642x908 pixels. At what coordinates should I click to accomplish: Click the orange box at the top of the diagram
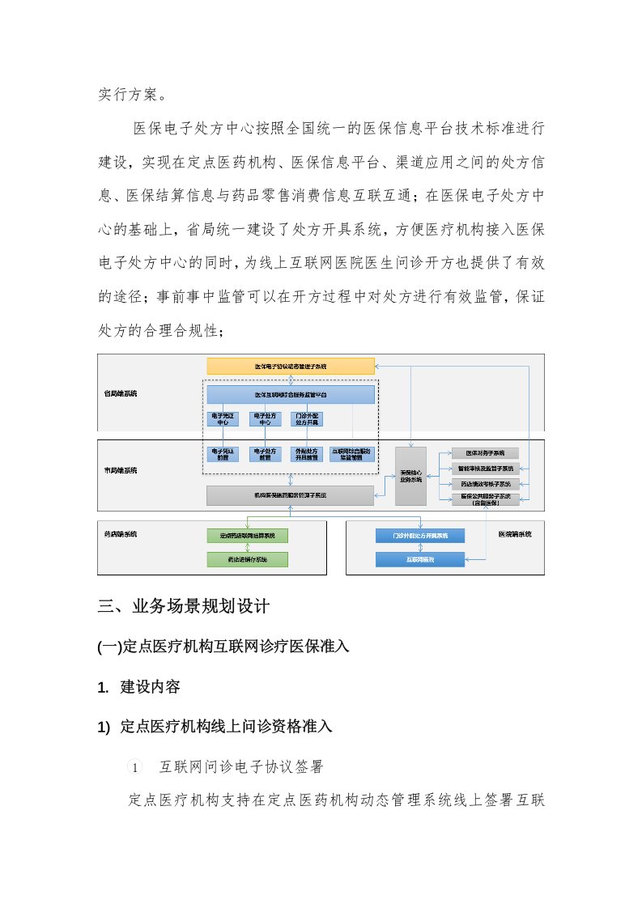click(x=291, y=367)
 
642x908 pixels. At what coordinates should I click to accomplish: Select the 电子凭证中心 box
click(x=223, y=418)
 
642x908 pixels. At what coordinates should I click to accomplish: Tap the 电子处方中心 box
click(x=265, y=418)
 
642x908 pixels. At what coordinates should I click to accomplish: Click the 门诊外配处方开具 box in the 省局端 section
click(x=308, y=418)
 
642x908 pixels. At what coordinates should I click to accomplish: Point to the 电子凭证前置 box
click(x=223, y=454)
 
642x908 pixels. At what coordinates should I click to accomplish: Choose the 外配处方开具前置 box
click(x=308, y=454)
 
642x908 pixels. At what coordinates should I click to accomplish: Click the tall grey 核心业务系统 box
click(x=410, y=476)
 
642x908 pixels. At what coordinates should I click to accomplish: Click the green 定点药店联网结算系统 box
click(x=247, y=536)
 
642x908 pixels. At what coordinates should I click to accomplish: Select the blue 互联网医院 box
click(x=419, y=559)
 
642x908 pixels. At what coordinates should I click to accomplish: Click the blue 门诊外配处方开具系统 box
click(x=419, y=536)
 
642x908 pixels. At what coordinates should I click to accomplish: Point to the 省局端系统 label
click(x=120, y=393)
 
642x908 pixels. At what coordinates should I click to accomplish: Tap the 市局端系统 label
click(x=120, y=469)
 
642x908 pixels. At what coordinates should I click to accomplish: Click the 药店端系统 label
click(x=120, y=534)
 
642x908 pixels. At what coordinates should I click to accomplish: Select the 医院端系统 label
click(x=515, y=534)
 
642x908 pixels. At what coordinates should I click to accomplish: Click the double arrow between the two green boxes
click(x=247, y=547)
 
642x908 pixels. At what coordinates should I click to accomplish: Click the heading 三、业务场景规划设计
click(x=193, y=606)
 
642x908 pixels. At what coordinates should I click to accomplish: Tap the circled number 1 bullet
click(x=136, y=766)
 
